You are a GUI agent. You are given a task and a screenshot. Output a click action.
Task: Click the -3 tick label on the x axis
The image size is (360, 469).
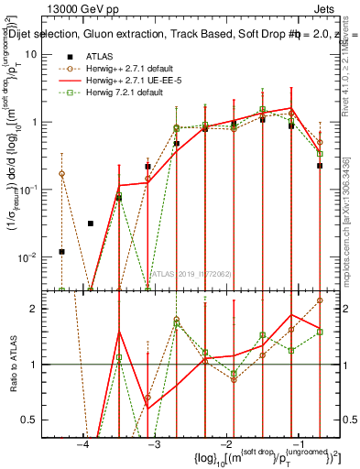point(154,445)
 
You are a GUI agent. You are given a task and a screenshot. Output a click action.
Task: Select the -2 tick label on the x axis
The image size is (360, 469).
point(226,445)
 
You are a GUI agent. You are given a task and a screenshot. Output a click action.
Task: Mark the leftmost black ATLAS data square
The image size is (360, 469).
point(62,251)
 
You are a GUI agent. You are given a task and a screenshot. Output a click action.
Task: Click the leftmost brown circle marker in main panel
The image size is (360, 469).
point(62,173)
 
